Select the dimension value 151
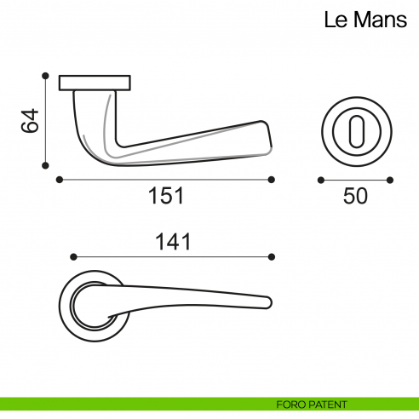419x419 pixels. [x=166, y=196]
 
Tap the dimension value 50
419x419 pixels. [x=355, y=196]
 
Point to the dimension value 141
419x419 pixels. [x=172, y=242]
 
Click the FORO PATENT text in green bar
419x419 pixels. [x=312, y=404]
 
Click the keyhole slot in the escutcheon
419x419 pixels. [x=355, y=131]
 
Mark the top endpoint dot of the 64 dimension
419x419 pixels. [x=45, y=75]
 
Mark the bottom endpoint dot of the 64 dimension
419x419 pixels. [x=45, y=167]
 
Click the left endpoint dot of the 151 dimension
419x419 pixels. [x=59, y=180]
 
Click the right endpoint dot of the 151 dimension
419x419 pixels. [x=272, y=180]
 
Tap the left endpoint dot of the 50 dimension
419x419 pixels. [x=320, y=180]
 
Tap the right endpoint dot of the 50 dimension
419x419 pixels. [x=390, y=180]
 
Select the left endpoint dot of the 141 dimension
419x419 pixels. [x=73, y=256]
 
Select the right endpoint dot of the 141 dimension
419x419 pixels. [x=272, y=256]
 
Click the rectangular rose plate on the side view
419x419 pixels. [x=95, y=83]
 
